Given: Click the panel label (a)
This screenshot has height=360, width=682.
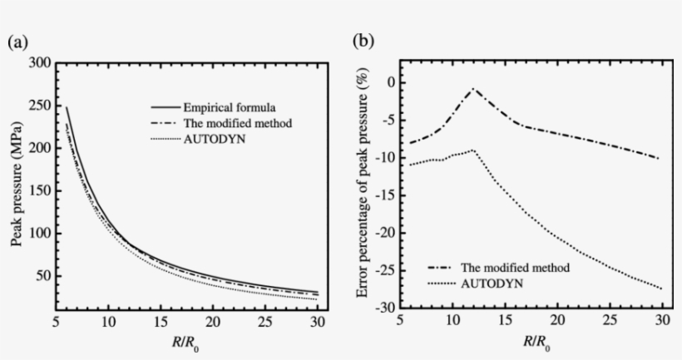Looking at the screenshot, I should pos(17,42).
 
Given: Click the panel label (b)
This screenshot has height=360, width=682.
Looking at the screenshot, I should pos(363,41).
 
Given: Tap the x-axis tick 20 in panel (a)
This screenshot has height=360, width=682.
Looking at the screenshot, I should pos(213,322).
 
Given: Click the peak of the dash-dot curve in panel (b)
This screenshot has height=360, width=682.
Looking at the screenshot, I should pos(474,88).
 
